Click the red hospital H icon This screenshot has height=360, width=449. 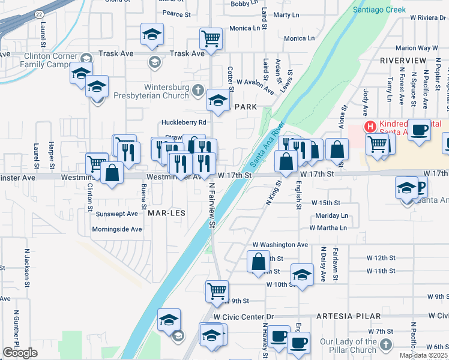(x=370, y=127)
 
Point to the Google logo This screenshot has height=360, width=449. (x=20, y=353)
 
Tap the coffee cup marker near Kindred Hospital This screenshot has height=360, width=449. (x=419, y=129)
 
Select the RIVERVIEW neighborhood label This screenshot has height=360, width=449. (x=403, y=61)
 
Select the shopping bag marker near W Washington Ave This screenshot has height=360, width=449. (x=259, y=263)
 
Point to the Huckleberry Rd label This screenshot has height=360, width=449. (x=184, y=122)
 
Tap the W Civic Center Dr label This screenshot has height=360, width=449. (x=243, y=316)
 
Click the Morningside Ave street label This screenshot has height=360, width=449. (x=117, y=229)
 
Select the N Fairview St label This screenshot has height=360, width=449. (x=212, y=206)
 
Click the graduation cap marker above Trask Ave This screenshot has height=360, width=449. (x=152, y=35)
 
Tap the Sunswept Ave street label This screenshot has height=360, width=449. (x=117, y=213)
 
